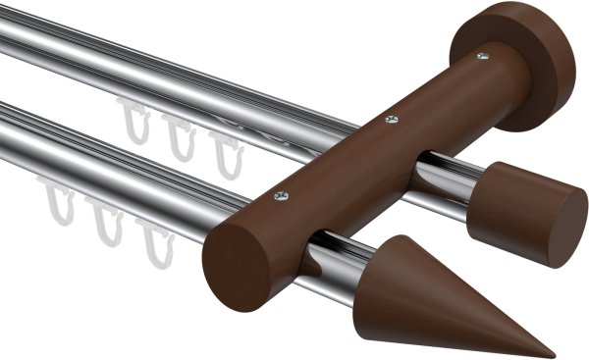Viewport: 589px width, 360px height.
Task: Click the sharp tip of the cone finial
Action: (x=552, y=354)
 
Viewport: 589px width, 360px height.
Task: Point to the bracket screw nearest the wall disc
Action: (x=482, y=57)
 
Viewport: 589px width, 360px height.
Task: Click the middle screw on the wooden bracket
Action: (x=392, y=120)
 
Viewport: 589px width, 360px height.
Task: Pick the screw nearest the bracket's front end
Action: (x=282, y=196)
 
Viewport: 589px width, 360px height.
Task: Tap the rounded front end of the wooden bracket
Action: (x=236, y=264)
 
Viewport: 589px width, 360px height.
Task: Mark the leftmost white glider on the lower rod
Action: (x=58, y=202)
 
